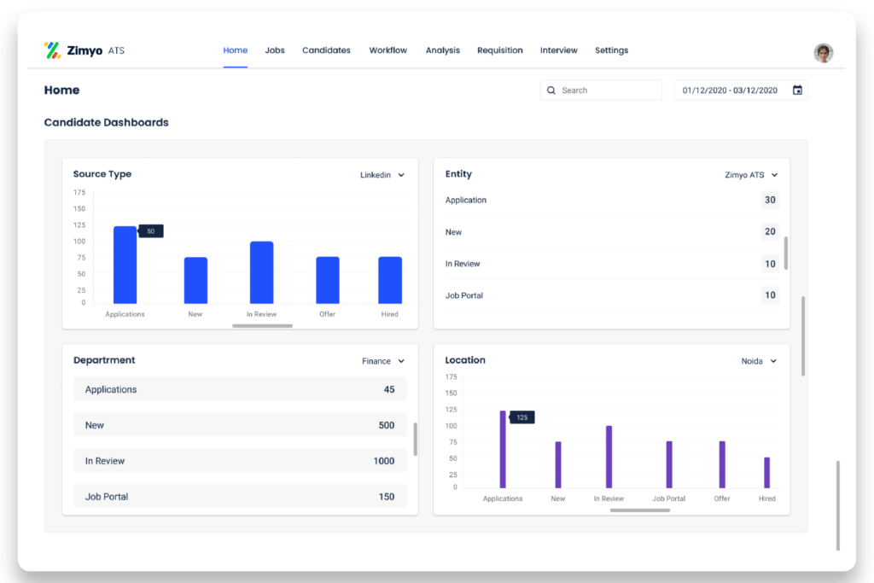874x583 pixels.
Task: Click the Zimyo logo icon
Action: (52, 50)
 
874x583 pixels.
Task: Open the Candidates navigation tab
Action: (326, 50)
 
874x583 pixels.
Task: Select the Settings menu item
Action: (611, 50)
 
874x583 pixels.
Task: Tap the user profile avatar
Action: (823, 53)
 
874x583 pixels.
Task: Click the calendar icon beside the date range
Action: (797, 90)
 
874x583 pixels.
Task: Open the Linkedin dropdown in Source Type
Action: (382, 175)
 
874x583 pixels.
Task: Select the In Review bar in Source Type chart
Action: (261, 272)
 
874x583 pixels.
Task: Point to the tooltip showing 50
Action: (151, 231)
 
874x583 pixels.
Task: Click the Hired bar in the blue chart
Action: (390, 280)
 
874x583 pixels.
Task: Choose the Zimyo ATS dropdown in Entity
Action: (751, 175)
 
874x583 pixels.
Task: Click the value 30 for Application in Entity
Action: (770, 200)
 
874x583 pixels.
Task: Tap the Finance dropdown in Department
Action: (382, 361)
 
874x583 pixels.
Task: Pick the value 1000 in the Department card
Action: (383, 461)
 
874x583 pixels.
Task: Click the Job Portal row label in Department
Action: (107, 497)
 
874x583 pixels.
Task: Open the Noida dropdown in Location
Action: (759, 361)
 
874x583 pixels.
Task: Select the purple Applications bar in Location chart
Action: (503, 449)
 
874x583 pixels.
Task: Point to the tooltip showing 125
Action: (522, 417)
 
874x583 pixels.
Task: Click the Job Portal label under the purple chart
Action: (669, 498)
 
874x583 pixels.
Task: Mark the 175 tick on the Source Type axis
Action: (79, 193)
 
